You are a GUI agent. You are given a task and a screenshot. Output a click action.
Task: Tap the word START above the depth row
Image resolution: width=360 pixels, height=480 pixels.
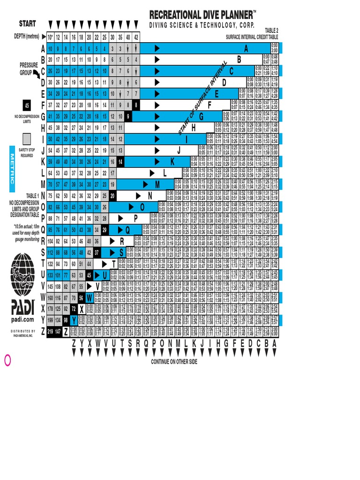[x=28, y=23]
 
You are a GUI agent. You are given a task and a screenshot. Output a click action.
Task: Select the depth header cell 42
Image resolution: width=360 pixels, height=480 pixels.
[x=136, y=37]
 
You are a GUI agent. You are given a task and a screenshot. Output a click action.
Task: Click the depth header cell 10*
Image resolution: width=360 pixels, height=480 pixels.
[x=50, y=37]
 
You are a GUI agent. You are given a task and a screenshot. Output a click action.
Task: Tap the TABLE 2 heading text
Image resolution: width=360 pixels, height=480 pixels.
[x=274, y=30]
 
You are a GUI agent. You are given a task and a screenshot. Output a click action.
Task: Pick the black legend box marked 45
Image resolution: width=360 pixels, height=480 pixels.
[x=26, y=105]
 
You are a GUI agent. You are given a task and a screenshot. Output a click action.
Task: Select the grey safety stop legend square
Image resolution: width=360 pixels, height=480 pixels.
[x=26, y=138]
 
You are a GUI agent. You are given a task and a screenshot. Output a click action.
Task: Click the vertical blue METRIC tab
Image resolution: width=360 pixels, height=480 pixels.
[x=12, y=169]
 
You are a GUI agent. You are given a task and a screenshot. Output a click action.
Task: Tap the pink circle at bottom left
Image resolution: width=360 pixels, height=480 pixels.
[x=7, y=360]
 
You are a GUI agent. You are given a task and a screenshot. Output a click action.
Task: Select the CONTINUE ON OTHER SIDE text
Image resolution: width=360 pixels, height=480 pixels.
[x=174, y=362]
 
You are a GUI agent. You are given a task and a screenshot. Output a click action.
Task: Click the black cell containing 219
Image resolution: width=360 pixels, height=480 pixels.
[x=50, y=331]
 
